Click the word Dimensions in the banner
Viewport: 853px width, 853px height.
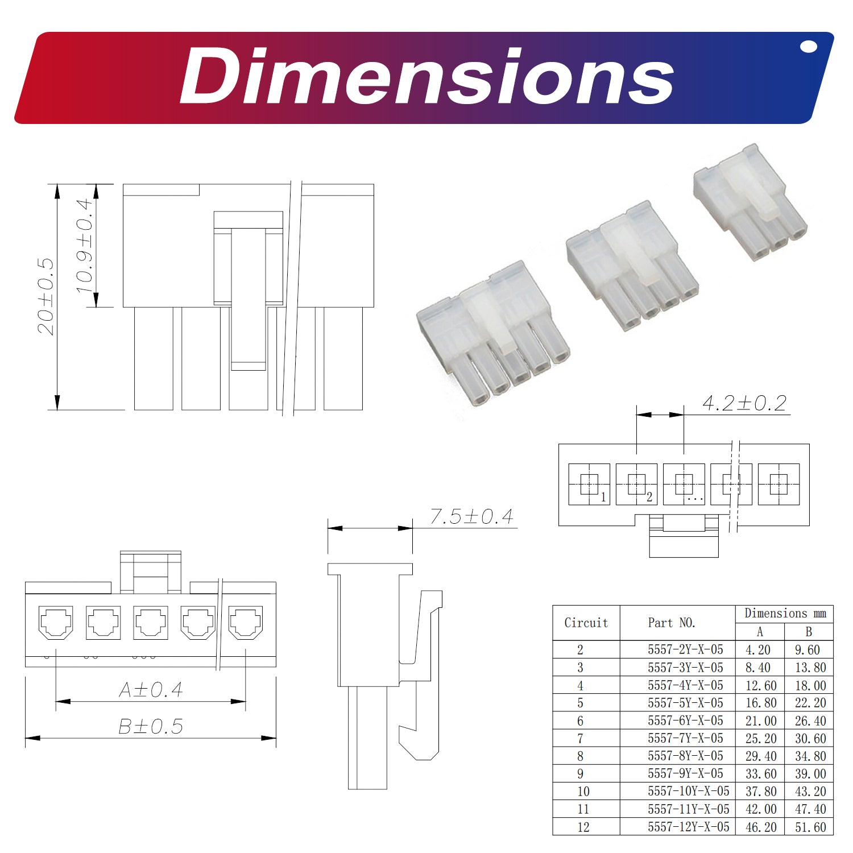[x=426, y=76]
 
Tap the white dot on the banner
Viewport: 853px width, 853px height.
[x=808, y=47]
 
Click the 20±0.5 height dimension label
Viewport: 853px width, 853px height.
[x=45, y=296]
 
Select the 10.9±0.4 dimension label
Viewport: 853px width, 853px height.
[x=84, y=246]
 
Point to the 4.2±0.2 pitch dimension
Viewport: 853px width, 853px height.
[x=744, y=403]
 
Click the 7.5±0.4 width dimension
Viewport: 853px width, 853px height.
[x=471, y=516]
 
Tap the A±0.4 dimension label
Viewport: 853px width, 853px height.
[x=151, y=690]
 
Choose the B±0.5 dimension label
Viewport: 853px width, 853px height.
[x=151, y=726]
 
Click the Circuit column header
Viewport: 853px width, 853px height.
[x=586, y=623]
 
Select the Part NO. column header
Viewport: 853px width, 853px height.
[x=672, y=623]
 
